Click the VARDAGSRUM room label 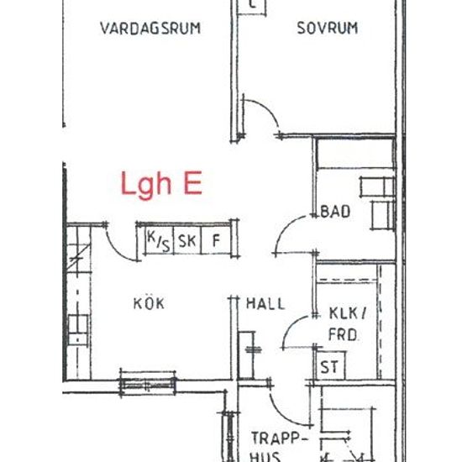coord(150,28)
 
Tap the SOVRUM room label coord(327,28)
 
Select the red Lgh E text coord(160,184)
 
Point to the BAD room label coord(335,212)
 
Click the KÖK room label coord(149,303)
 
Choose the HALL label coord(265,303)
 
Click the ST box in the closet coord(329,367)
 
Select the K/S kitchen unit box coord(157,240)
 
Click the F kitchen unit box coord(216,240)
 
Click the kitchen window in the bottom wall coord(147,380)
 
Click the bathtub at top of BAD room coord(354,155)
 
